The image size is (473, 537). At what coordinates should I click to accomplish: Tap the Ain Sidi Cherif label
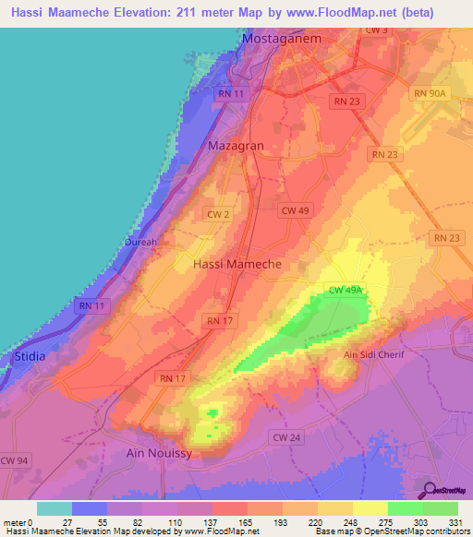pos(374,354)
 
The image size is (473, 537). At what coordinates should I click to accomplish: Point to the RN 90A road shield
pos(430,93)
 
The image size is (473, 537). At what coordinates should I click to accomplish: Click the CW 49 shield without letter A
pos(295,210)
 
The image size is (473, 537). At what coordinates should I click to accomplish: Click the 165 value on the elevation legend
pos(244,522)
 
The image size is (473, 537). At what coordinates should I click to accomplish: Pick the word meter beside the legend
pos(15,522)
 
